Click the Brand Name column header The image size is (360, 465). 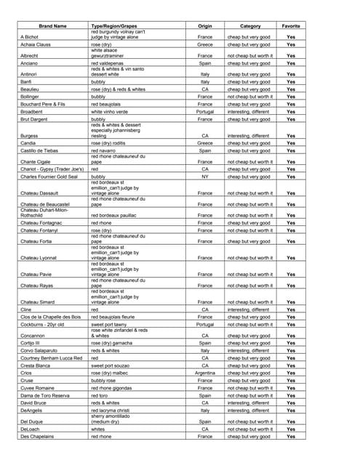click(50, 26)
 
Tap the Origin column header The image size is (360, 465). click(205, 26)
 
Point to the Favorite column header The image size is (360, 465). click(291, 26)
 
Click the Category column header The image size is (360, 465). click(250, 26)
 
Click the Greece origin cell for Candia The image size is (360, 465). click(205, 143)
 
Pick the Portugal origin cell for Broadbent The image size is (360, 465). click(205, 112)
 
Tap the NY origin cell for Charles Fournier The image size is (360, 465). click(205, 177)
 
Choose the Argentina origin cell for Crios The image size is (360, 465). click(205, 373)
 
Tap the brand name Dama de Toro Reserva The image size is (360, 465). click(45, 395)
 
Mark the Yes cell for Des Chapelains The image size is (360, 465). click(291, 437)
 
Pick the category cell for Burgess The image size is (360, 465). click(249, 136)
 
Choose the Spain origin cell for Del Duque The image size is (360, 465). click(205, 421)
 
